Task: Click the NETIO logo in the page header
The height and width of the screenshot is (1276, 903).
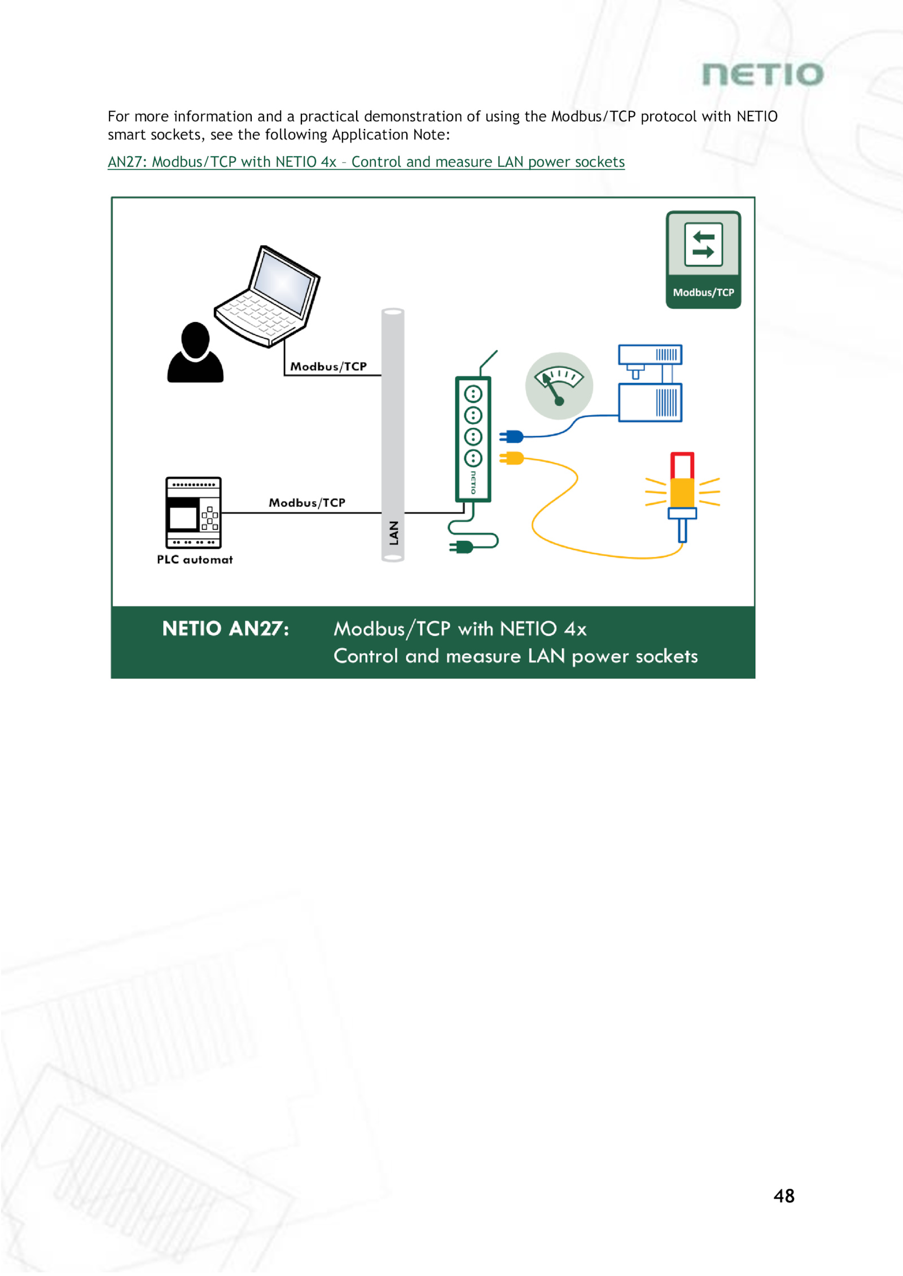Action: click(762, 74)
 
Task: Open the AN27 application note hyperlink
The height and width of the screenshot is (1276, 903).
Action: click(366, 162)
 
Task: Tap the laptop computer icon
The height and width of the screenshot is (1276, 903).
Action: click(269, 296)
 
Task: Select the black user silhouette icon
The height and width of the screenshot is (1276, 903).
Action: click(195, 353)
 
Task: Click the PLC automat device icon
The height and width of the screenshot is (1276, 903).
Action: click(193, 512)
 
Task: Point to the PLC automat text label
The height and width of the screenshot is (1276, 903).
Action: click(195, 560)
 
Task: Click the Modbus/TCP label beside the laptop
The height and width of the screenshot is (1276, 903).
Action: click(328, 367)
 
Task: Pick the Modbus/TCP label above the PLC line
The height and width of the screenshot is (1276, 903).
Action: click(307, 503)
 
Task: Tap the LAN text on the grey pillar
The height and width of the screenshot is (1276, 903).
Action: click(393, 533)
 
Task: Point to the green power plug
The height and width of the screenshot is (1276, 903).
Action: click(462, 546)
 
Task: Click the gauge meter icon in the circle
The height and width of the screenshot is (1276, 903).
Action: click(559, 386)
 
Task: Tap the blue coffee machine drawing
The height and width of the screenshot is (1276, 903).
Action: click(650, 384)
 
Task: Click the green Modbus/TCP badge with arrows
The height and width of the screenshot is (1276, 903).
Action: click(703, 259)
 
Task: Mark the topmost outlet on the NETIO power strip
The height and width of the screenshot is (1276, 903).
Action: click(473, 394)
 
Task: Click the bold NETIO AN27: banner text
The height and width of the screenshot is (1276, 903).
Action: click(225, 628)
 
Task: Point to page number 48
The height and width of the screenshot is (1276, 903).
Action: click(784, 1195)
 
